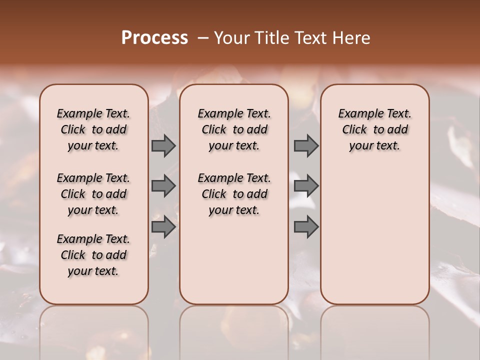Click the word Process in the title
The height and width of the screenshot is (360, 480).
tap(154, 38)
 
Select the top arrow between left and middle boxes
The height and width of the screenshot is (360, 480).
tap(163, 145)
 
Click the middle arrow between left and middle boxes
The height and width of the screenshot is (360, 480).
tap(163, 186)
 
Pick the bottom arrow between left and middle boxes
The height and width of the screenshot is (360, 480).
tap(163, 227)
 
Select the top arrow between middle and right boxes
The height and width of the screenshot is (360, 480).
tap(306, 145)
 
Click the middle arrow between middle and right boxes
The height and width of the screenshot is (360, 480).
tap(306, 186)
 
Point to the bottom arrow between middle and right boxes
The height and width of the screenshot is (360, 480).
tap(306, 227)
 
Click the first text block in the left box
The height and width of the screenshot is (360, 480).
tap(93, 129)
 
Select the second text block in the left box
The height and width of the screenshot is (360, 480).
tap(93, 194)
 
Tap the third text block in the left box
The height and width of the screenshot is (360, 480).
tap(93, 255)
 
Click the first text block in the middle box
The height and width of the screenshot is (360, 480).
tap(234, 129)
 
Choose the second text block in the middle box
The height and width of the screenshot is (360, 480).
tap(234, 194)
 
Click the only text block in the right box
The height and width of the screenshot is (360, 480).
tap(374, 129)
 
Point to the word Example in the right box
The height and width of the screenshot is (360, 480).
tap(358, 114)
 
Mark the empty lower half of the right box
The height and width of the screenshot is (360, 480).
tap(374, 240)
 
